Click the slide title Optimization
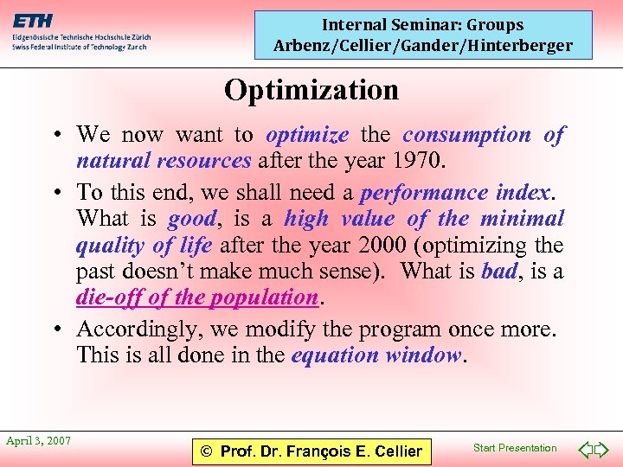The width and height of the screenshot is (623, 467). pos(311,90)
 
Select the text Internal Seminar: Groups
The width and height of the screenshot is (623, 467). pos(423,25)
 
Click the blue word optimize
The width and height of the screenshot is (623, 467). pos(307,135)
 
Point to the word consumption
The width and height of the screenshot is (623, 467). pos(466,135)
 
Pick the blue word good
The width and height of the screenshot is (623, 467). pos(192,218)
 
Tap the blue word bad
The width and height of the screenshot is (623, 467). pos(498,272)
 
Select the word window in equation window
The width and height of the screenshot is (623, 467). pos(424,355)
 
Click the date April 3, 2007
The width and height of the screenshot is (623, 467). pos(39,441)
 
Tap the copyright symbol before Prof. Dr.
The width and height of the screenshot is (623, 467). pos(206,451)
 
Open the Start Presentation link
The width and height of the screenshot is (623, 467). pos(515,448)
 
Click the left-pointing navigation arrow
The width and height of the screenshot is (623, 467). pos(585,450)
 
